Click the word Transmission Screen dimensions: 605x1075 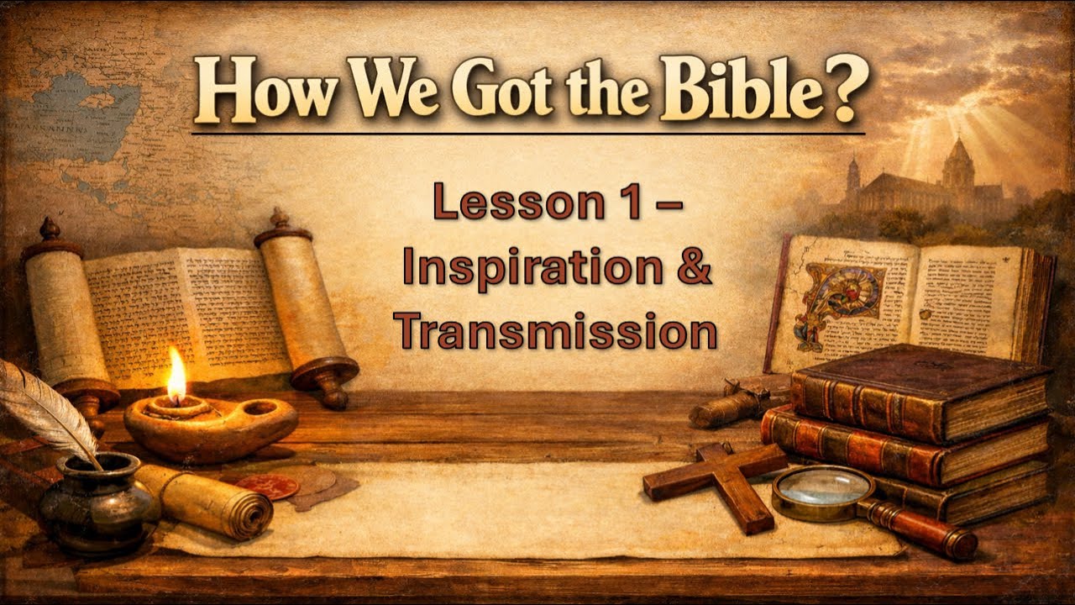[558, 331]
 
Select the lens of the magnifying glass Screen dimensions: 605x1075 [811, 487]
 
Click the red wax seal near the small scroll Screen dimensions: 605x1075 [267, 486]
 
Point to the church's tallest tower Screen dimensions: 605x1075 [957, 164]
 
